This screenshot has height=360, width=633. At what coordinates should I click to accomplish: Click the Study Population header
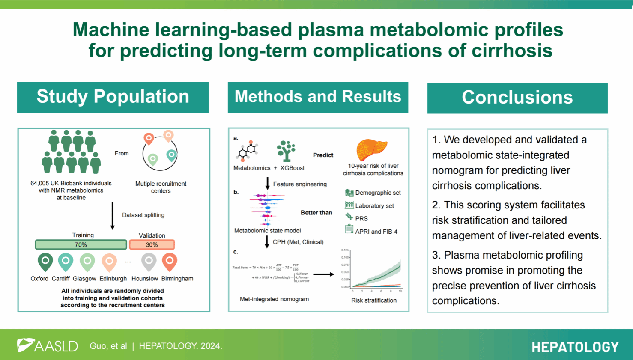tap(113, 97)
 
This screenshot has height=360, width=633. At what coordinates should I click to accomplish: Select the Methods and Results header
tap(318, 97)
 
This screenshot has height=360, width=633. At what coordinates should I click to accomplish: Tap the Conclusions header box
tap(517, 98)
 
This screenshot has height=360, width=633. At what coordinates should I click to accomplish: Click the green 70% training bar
tap(81, 245)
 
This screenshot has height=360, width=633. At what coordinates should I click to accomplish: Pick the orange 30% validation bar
tap(152, 245)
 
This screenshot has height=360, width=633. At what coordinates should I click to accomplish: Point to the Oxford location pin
tap(45, 261)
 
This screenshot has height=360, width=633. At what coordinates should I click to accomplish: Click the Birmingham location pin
tap(170, 261)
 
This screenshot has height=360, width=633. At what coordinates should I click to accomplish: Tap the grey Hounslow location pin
tap(149, 261)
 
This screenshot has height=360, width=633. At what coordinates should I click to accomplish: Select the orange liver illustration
tap(371, 150)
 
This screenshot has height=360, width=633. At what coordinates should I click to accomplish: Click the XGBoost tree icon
tap(286, 151)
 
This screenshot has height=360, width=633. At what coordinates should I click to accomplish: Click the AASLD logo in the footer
tap(48, 345)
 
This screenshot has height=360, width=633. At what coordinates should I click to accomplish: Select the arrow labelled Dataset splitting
tap(113, 215)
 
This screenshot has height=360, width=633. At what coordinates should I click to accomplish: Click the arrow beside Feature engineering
tap(268, 183)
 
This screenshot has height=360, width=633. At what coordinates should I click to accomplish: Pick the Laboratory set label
tap(374, 206)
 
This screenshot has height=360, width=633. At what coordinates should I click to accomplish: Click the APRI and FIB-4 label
tap(376, 232)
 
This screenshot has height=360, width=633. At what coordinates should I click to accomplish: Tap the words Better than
tap(316, 213)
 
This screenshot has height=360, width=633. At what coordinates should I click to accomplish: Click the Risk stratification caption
tap(374, 300)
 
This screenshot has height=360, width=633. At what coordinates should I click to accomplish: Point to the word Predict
tap(323, 155)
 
